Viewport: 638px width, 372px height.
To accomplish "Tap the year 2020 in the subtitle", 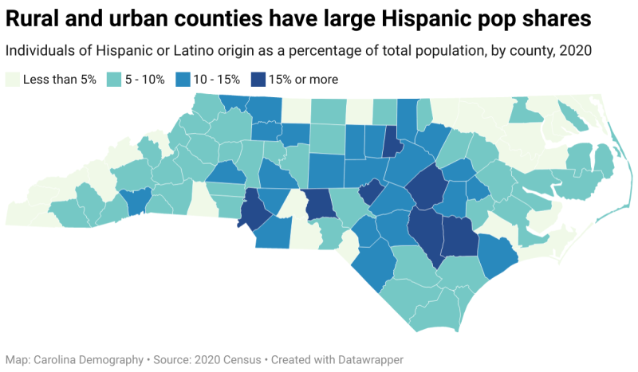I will (575, 51).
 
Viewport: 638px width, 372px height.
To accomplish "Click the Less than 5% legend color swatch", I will (12, 79).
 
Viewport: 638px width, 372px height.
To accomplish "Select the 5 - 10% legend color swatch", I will (114, 79).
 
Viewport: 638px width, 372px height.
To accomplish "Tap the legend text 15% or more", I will (304, 79).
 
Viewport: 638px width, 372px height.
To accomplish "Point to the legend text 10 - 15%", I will (215, 79).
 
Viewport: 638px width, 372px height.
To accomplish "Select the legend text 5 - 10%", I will (144, 79).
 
